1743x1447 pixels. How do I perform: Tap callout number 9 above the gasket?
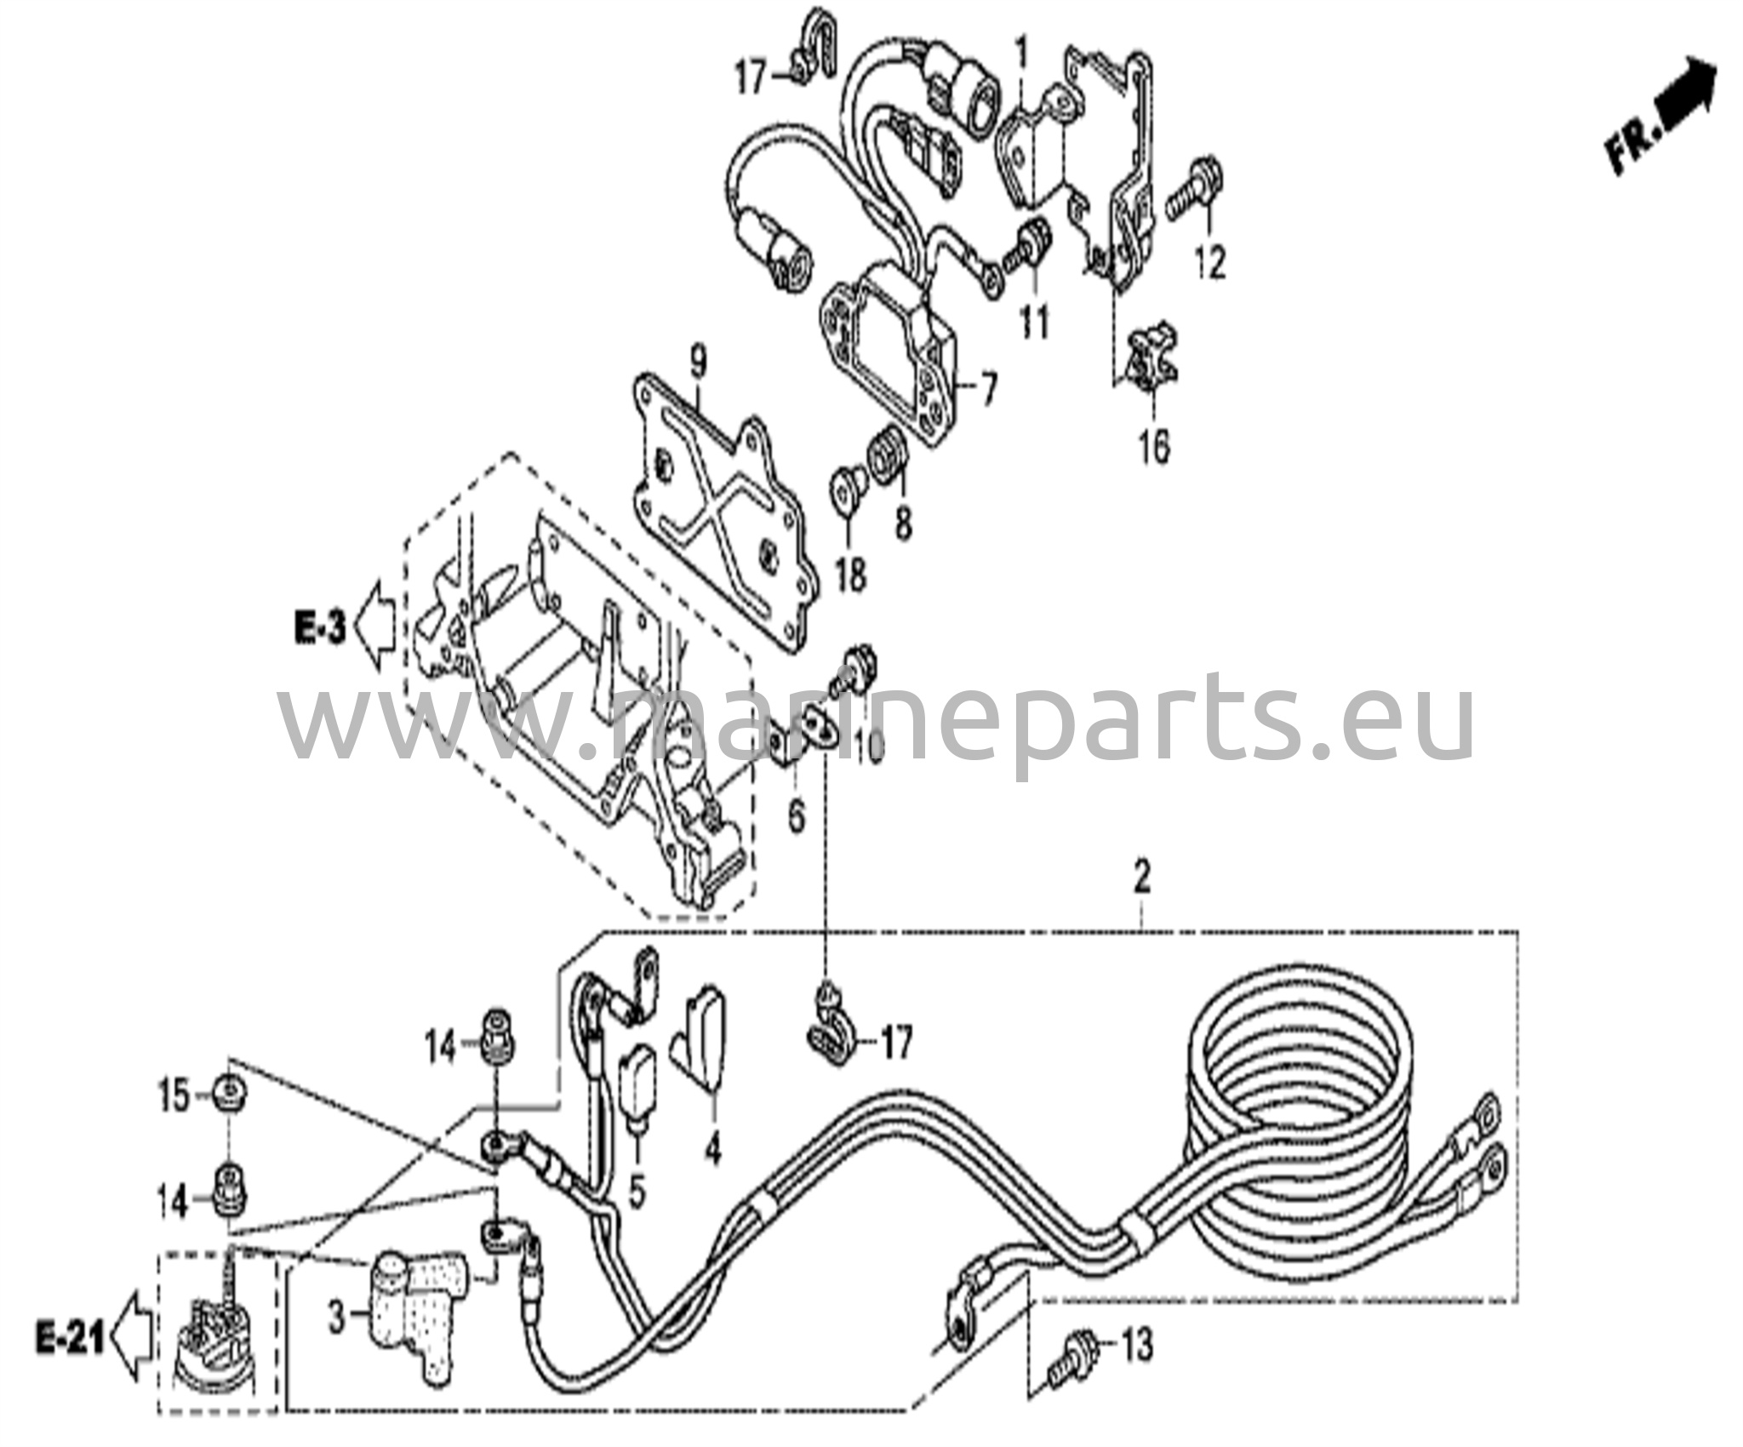[x=698, y=364]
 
